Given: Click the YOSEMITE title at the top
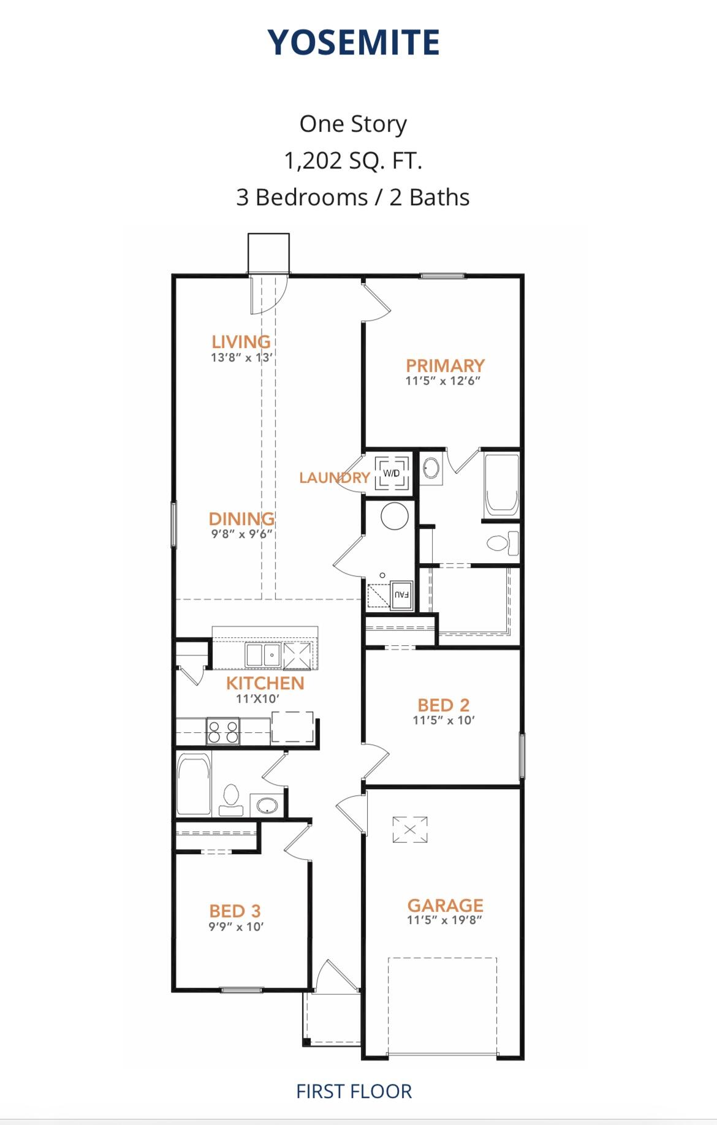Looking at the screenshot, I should pos(354,42).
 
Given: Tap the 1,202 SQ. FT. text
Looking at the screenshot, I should pos(353,161).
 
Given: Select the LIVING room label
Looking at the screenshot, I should pos(241,341).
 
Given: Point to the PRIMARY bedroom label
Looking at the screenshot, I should pos(445,365).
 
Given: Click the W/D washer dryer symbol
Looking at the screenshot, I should pos(391,473).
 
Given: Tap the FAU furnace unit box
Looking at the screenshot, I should pos(401,594).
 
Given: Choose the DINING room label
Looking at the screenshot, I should pos(241,518).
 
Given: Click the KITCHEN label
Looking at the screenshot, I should pos(265,683).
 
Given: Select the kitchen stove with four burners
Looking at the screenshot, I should pos(223,732).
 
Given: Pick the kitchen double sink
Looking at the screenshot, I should pos(263,655).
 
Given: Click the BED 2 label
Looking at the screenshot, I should pos(443,705).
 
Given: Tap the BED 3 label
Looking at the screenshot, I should pos(235,911).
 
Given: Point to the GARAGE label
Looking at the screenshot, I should pos(445,905).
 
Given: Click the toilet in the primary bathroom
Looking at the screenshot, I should pos(501,543).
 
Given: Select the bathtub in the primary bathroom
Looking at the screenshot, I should pos(501,484).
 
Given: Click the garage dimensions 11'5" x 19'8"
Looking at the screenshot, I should pos(444,920).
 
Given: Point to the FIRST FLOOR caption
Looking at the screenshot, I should pos(354,1091).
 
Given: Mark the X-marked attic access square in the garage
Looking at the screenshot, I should pos(410,830).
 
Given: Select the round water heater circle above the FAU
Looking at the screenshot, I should pos(395,516).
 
